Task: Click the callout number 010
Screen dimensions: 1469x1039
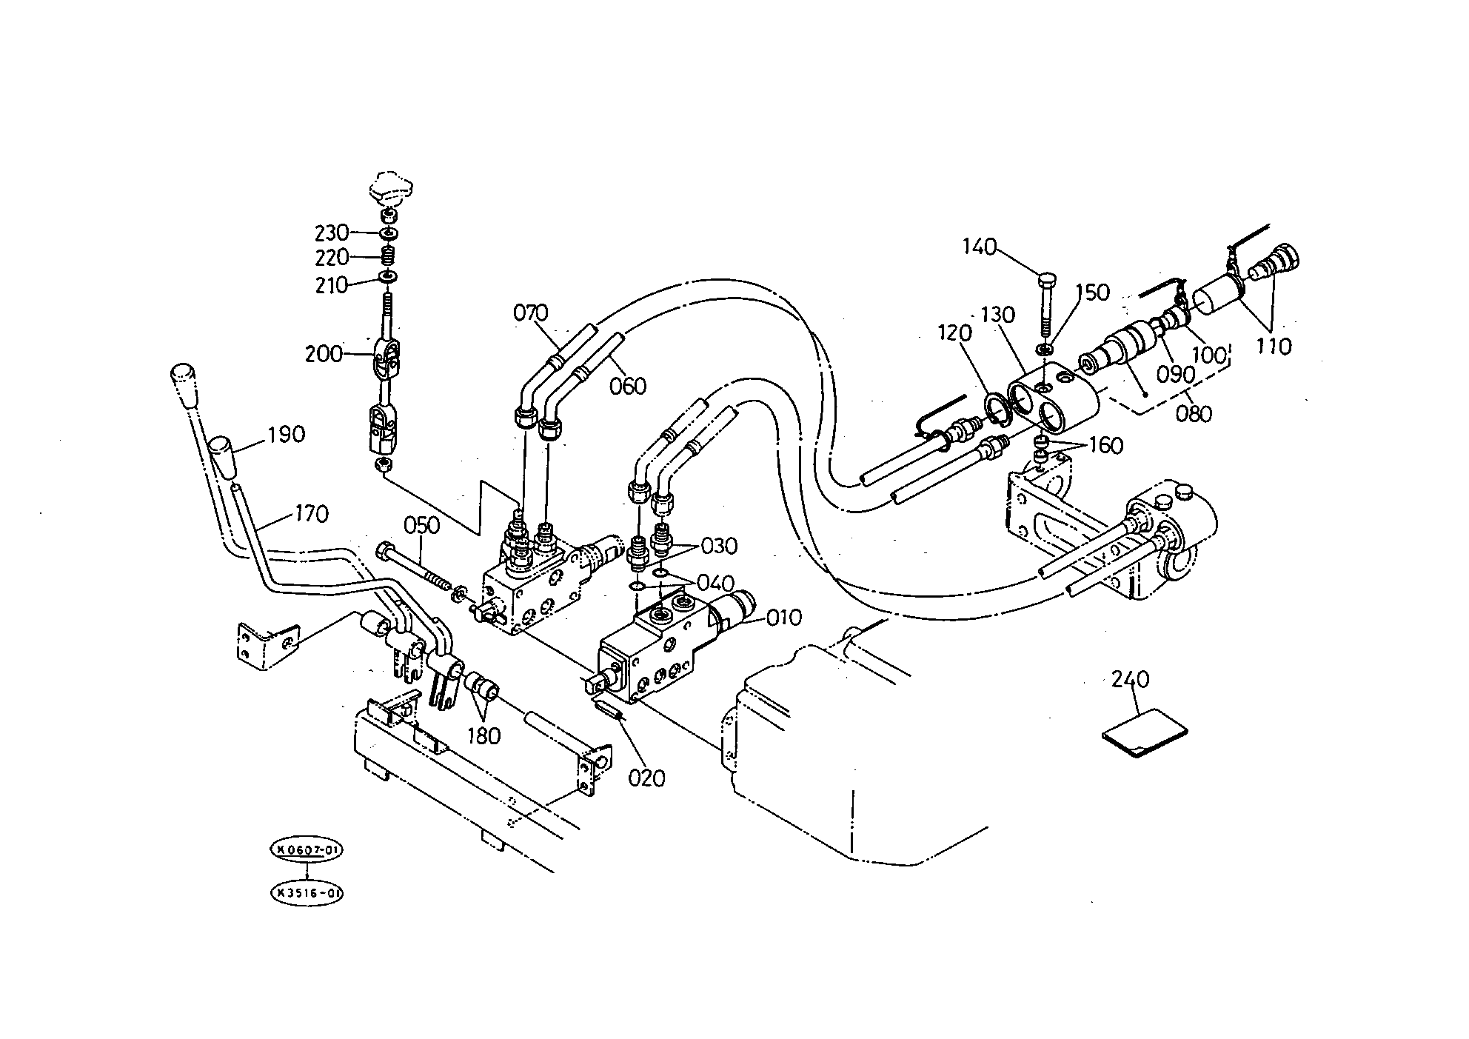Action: (784, 617)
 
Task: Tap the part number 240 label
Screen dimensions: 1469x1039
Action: (1131, 679)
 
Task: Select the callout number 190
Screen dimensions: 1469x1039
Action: (287, 434)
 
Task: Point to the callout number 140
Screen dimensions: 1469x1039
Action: (980, 247)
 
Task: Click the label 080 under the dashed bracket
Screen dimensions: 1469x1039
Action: (1194, 412)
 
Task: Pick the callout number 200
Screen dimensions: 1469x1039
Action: (324, 354)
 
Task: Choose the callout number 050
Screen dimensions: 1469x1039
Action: (421, 525)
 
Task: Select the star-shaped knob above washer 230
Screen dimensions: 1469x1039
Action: (390, 189)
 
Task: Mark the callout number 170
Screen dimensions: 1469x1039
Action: (312, 514)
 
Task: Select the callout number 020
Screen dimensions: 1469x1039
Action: (647, 778)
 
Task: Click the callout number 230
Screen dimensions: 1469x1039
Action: (331, 233)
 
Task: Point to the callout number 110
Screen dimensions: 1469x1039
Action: (1274, 346)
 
